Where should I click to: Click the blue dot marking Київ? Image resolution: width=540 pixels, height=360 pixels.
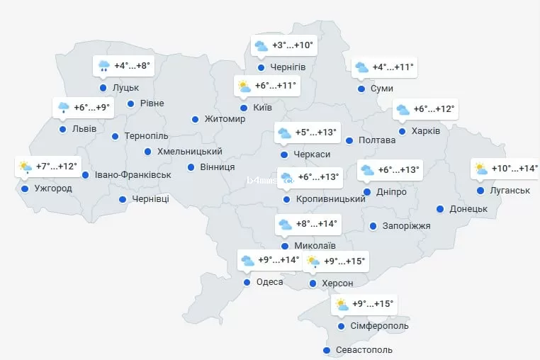point(244,108)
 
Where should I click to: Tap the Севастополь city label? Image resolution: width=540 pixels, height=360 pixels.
point(364,350)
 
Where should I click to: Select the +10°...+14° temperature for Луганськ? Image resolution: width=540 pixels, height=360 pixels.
point(514,169)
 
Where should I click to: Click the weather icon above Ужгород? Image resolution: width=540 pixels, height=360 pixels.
point(26,168)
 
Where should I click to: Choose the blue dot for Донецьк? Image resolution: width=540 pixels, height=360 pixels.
point(441,209)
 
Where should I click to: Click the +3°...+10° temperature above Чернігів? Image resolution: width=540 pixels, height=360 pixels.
point(292,46)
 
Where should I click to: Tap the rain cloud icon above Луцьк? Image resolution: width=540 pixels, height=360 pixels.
point(103,67)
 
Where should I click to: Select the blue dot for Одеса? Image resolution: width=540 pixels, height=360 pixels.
point(247,282)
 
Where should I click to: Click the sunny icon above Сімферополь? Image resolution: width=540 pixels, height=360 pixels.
point(342,305)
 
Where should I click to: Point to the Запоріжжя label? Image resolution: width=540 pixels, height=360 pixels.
point(405,226)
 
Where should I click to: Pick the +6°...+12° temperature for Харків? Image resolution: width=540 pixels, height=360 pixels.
point(434,110)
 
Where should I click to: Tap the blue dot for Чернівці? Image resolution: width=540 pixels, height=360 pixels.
point(123,200)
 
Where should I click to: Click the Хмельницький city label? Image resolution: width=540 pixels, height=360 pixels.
point(189,152)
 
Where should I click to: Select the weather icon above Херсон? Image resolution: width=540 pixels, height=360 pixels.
point(313,262)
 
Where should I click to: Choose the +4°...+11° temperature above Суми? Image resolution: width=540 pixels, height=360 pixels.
point(393,68)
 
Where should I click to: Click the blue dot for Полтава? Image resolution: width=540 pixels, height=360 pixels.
point(349,140)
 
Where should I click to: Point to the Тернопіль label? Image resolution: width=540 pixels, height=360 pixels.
point(146,136)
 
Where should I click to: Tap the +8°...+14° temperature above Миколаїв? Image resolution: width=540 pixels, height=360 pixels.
point(316,225)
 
